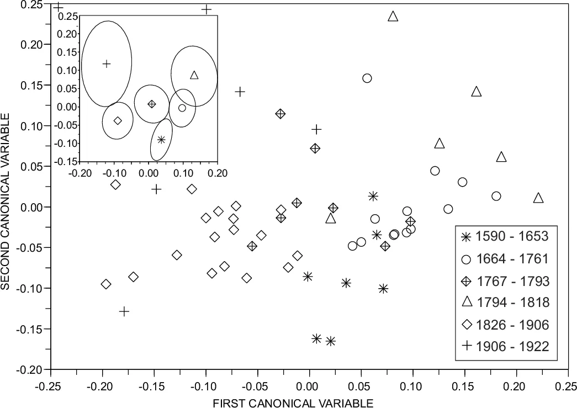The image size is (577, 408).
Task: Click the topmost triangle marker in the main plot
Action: click(393, 17)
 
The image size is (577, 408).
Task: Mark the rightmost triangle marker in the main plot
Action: click(539, 198)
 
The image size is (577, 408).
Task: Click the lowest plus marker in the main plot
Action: click(124, 311)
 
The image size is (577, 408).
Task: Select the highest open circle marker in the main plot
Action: click(367, 78)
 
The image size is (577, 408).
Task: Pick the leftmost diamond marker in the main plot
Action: click(106, 284)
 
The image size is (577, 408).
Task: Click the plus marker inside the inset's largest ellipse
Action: click(107, 63)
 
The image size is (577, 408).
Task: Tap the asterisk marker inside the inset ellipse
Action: click(161, 140)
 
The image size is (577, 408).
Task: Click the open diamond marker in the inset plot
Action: click(118, 120)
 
